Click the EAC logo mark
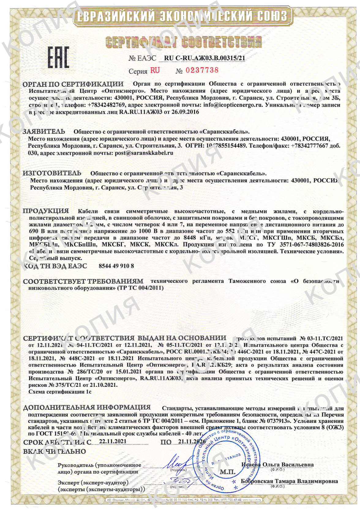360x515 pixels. [58, 57]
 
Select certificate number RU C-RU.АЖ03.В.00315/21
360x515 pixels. [204, 58]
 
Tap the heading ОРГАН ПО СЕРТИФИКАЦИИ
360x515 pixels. [73, 84]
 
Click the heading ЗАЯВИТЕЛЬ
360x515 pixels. [44, 132]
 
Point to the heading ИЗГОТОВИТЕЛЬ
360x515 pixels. [52, 174]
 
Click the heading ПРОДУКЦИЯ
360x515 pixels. [46, 211]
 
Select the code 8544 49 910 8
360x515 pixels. [116, 266]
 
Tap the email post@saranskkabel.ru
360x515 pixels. [144, 153]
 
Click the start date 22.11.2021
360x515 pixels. [113, 441]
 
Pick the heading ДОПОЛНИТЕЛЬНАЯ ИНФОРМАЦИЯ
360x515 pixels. [87, 408]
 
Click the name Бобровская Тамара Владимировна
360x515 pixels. [289, 481]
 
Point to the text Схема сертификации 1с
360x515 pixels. [60, 392]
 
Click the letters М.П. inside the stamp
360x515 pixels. [227, 472]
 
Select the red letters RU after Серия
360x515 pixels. [155, 70]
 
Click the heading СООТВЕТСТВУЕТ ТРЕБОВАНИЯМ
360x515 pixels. [83, 281]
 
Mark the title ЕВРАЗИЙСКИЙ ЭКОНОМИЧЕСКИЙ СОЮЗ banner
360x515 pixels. [181, 16]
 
